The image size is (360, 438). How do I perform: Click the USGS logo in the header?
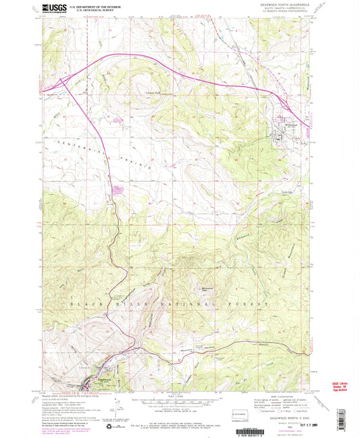(x=53, y=8)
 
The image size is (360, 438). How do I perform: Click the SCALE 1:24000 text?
(x=182, y=404)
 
